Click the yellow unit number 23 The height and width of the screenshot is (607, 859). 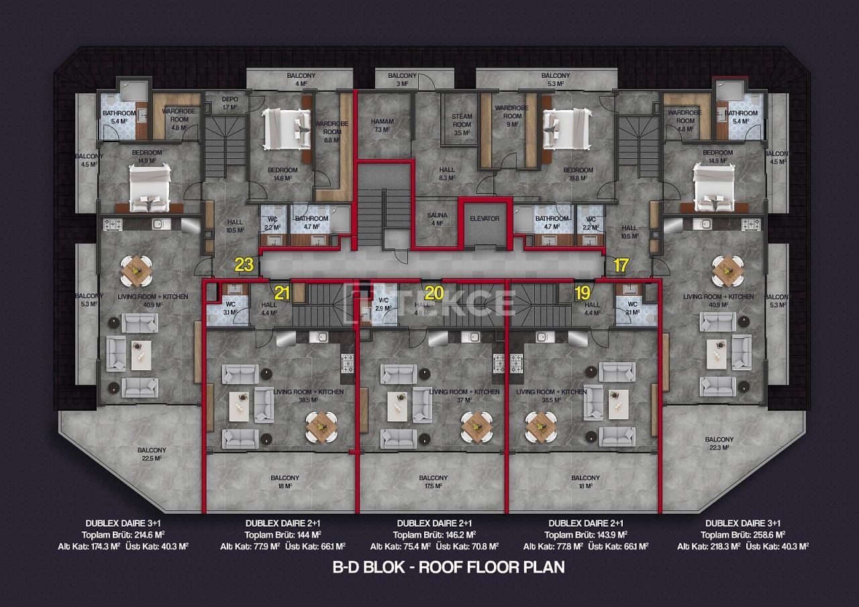244,265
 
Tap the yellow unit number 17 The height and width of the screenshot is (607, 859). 621,265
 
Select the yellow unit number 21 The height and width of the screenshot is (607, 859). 282,292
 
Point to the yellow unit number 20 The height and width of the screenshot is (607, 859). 434,292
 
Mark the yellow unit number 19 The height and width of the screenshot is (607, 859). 582,292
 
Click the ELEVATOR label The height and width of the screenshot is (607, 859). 485,219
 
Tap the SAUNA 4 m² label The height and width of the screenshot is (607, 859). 437,219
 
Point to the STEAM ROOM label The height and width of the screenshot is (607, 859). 462,125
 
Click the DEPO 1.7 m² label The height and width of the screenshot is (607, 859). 230,103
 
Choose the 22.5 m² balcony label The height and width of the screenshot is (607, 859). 152,454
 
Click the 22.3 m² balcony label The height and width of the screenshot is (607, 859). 719,444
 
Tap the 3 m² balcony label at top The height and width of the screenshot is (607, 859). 402,80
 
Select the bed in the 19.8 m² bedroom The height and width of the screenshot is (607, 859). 566,129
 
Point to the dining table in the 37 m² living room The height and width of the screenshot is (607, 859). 476,423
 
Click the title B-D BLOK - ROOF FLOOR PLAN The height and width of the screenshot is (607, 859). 449,567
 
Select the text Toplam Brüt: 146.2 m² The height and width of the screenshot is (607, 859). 434,535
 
